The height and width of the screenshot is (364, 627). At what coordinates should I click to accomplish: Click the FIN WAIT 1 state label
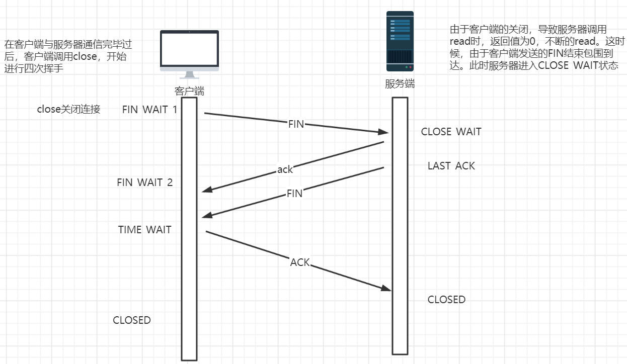149,110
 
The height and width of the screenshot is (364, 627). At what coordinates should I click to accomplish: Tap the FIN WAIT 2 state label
144,183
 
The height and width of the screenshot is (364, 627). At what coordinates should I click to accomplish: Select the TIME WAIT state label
144,230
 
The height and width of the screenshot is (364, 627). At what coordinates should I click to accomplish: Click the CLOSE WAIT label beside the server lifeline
451,132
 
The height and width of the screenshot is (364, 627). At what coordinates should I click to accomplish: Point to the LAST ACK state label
451,166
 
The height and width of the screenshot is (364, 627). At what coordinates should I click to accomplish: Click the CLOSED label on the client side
131,320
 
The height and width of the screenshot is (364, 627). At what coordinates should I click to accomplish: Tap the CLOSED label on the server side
446,300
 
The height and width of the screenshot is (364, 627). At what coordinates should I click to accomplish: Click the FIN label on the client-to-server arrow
296,124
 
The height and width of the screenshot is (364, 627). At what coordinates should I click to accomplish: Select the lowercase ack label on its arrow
285,170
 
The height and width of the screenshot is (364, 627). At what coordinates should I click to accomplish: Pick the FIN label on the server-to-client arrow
294,194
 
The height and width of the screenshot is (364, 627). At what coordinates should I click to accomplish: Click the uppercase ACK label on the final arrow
300,262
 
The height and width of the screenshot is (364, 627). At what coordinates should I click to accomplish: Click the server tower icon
400,41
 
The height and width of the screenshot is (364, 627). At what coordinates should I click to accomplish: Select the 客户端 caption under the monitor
189,91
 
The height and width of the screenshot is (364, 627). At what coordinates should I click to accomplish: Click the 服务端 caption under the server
400,84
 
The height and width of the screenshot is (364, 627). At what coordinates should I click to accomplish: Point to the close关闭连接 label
68,110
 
